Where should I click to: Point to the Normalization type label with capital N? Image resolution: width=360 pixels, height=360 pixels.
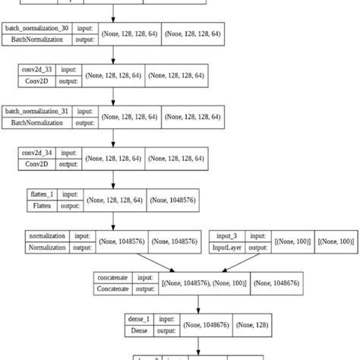(x=47, y=247)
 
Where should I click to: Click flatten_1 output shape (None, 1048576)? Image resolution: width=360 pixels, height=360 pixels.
(x=175, y=200)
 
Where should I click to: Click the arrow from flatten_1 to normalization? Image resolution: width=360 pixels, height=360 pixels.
(x=114, y=219)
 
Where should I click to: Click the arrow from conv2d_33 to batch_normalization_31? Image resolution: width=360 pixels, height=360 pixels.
(x=114, y=95)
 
